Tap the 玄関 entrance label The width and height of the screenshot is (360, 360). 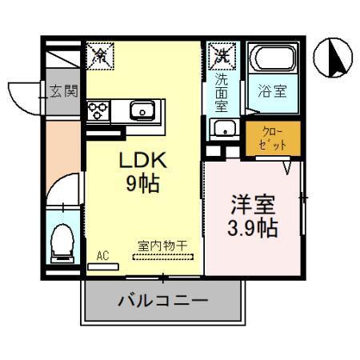click(x=63, y=90)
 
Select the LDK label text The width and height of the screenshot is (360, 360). click(x=139, y=160)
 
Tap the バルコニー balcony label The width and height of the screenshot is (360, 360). click(x=163, y=302)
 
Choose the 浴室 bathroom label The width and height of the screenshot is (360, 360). click(x=269, y=90)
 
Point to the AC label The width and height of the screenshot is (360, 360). click(x=102, y=255)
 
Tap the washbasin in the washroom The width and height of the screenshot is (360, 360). click(x=222, y=129)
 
